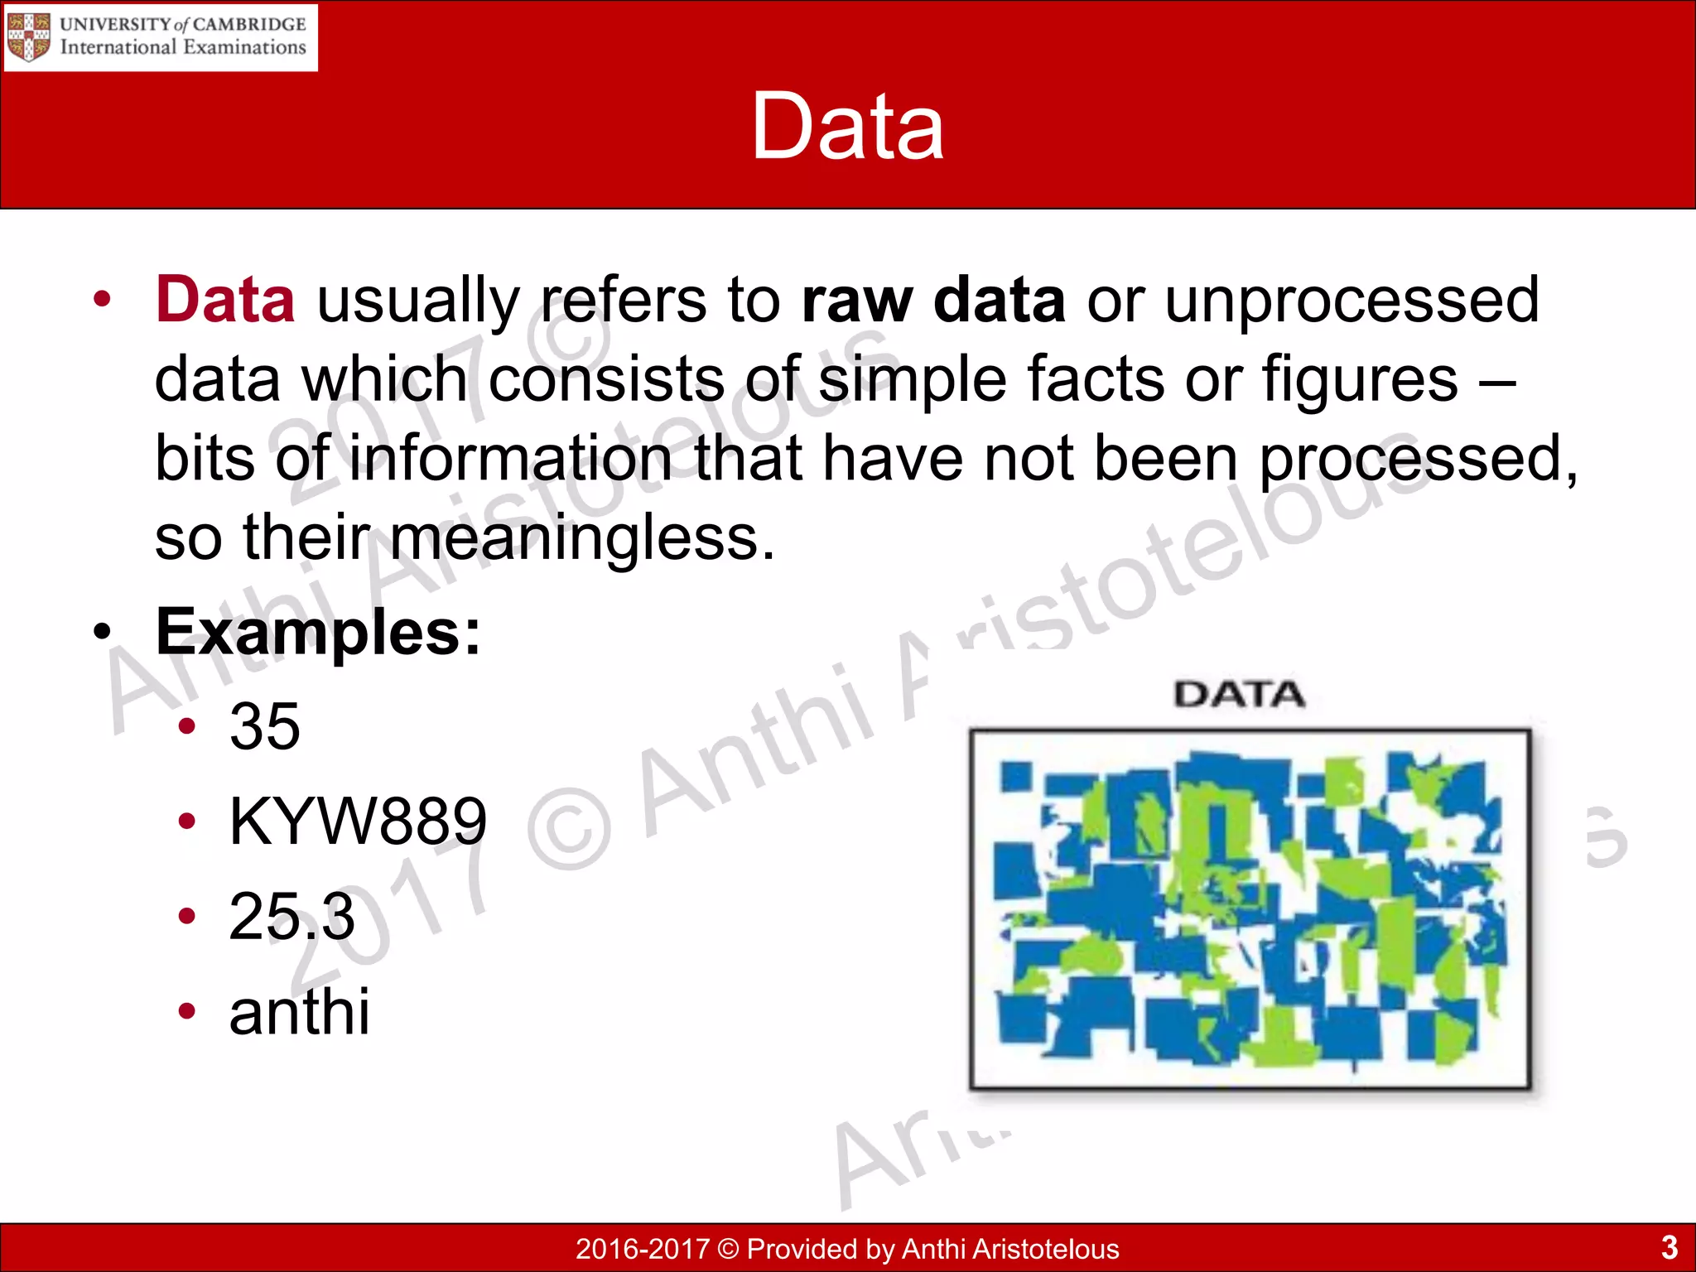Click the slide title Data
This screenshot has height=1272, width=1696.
point(847,127)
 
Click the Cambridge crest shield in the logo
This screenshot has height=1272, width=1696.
point(28,36)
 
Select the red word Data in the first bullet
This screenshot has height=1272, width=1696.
point(225,300)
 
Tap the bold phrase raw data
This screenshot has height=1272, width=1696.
point(933,300)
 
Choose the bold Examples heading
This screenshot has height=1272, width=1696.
point(318,633)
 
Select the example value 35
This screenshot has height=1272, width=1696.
point(265,727)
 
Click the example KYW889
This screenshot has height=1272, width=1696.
point(358,821)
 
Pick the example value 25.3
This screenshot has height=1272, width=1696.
point(291,916)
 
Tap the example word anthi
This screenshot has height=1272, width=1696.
point(299,1012)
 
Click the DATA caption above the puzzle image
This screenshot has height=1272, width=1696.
point(1239,695)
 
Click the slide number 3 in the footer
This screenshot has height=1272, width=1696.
point(1669,1246)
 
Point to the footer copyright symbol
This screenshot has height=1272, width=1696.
point(728,1248)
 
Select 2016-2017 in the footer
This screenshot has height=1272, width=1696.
point(643,1248)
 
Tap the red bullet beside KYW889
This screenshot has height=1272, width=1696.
point(187,821)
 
